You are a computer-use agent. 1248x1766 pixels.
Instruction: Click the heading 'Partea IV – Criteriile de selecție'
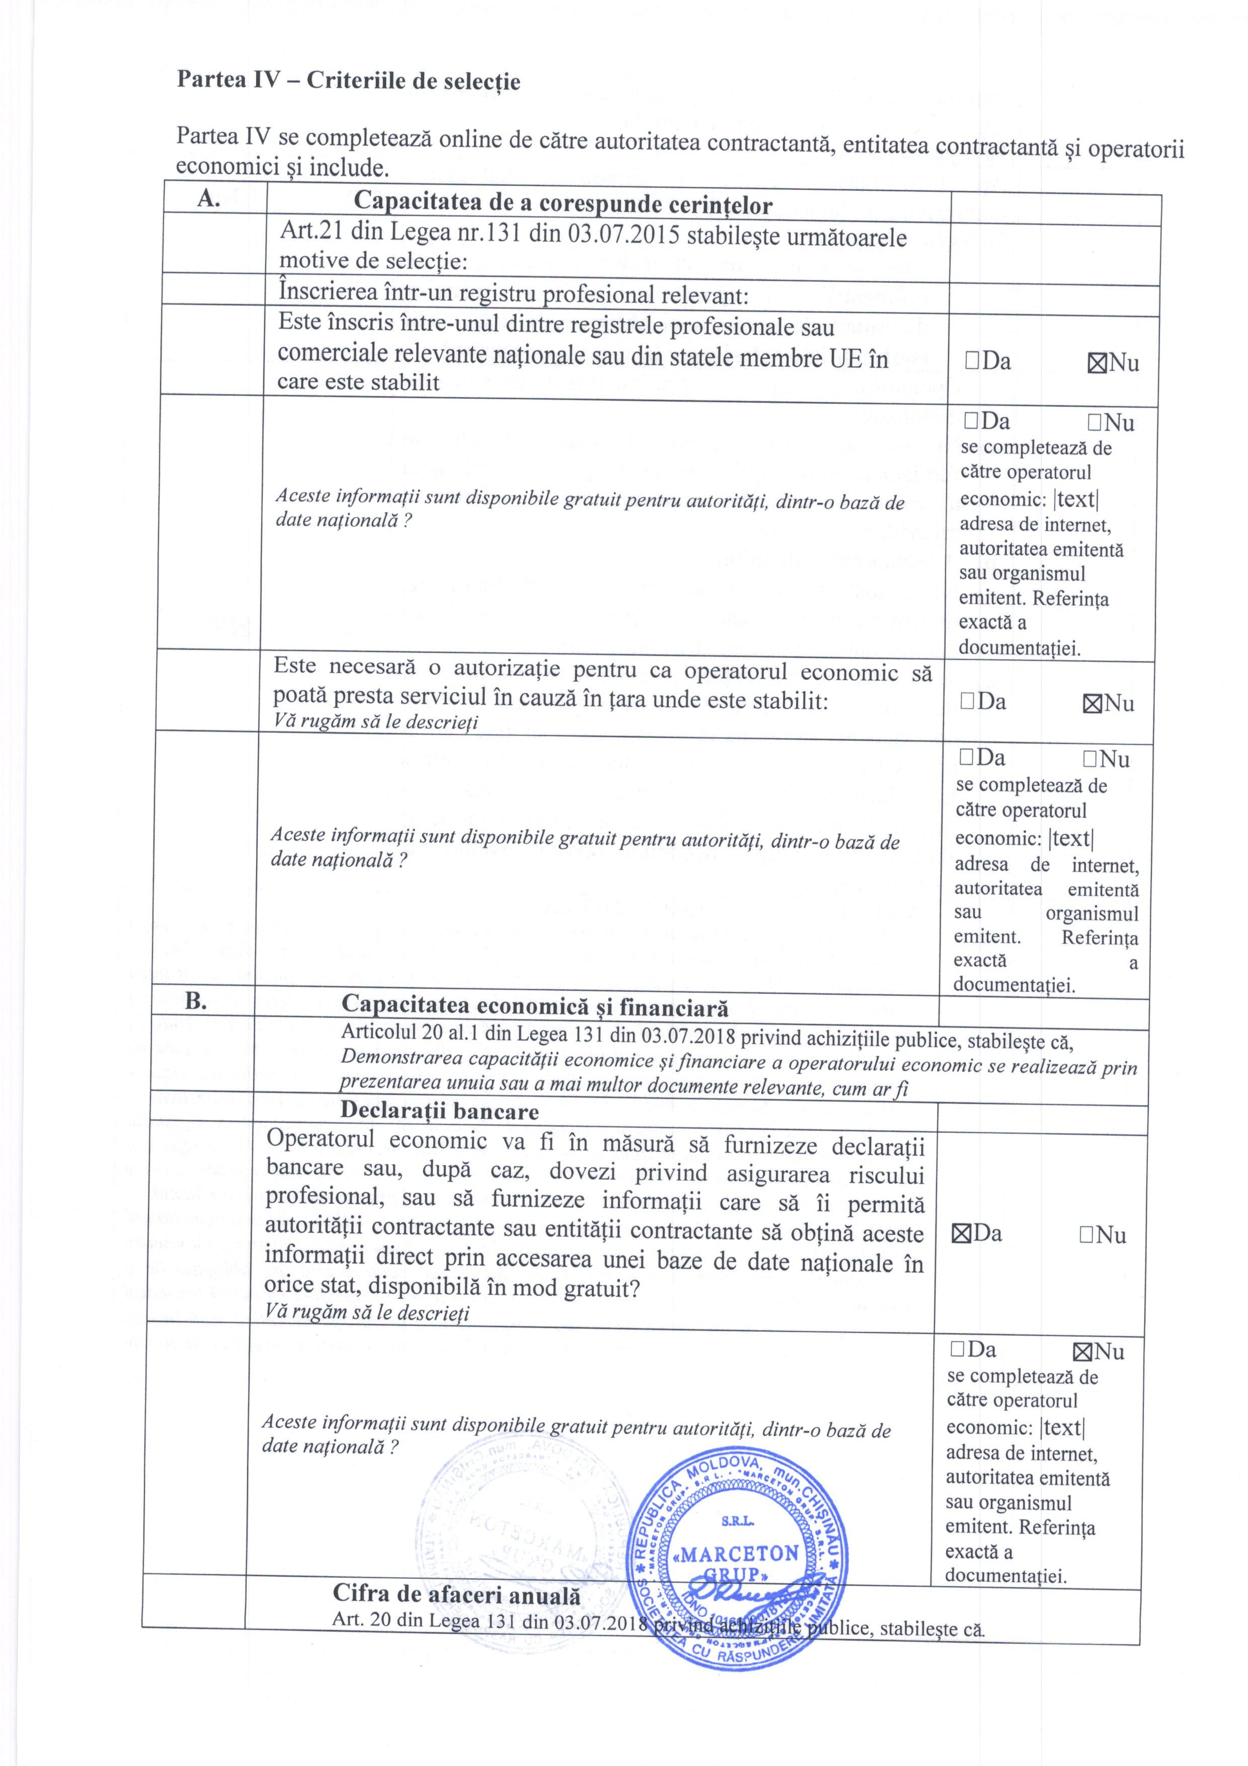348,81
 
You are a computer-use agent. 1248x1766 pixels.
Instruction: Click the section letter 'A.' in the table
209,198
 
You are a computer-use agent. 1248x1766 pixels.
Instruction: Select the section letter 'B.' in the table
197,1001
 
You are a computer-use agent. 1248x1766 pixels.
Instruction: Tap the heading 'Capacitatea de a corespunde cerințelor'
563,204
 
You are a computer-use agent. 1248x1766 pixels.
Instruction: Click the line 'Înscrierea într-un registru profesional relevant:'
513,294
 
